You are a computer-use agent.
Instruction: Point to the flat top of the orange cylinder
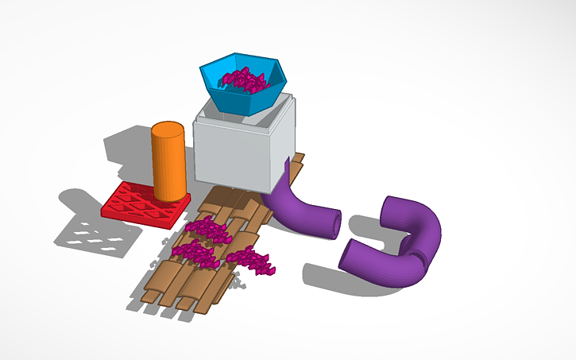(x=168, y=130)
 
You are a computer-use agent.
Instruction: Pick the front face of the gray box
(x=231, y=154)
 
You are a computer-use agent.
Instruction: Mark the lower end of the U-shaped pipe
(x=352, y=256)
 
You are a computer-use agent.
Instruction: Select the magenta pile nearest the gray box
(x=208, y=230)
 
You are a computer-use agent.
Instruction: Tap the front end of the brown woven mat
(x=175, y=298)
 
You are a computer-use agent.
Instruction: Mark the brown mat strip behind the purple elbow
(x=296, y=168)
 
